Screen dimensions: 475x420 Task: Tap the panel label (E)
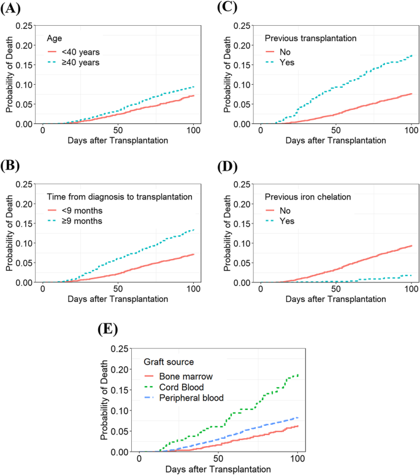coord(109,329)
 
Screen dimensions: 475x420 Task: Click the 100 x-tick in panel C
coord(411,130)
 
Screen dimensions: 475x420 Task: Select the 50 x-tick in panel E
coord(219,458)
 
